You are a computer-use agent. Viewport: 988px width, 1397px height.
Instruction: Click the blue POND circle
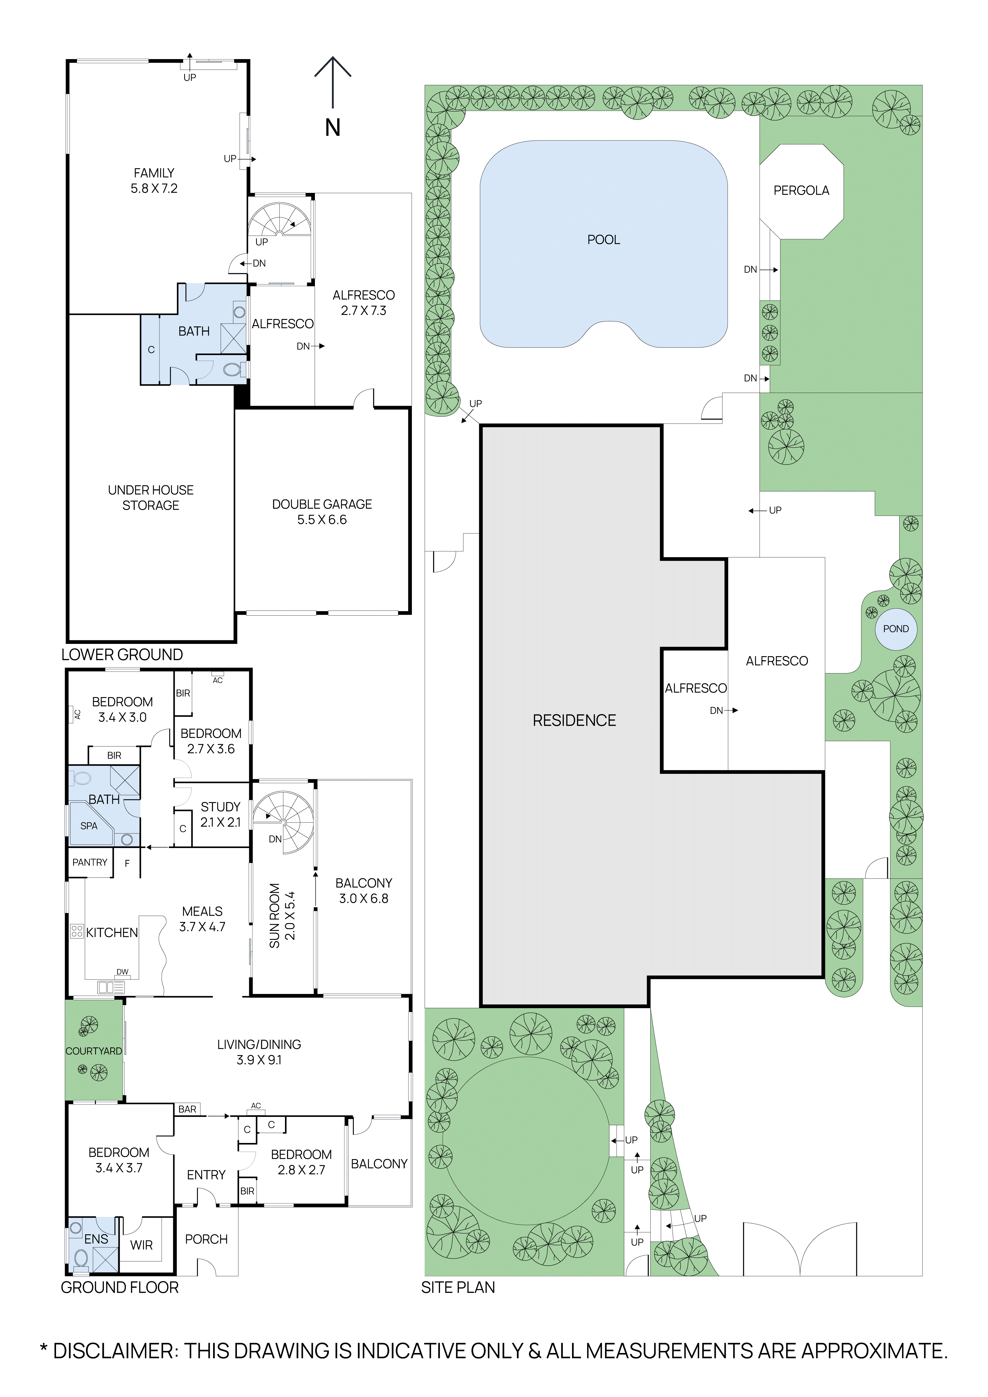click(x=896, y=629)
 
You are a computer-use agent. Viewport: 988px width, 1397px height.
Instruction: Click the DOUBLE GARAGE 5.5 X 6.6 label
click(x=322, y=512)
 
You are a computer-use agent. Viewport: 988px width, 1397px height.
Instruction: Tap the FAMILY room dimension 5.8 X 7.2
click(x=154, y=189)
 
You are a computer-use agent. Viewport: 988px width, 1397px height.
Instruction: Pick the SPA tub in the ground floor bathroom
click(x=90, y=825)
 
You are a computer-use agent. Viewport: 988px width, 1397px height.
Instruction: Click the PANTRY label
click(x=90, y=862)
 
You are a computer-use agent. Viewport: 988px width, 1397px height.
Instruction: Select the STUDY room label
click(x=220, y=807)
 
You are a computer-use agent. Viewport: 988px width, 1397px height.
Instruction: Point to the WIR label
click(x=141, y=1245)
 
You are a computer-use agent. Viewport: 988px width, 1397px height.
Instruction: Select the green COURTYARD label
click(x=94, y=1051)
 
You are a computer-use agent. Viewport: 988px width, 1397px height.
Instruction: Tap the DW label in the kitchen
click(x=122, y=972)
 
